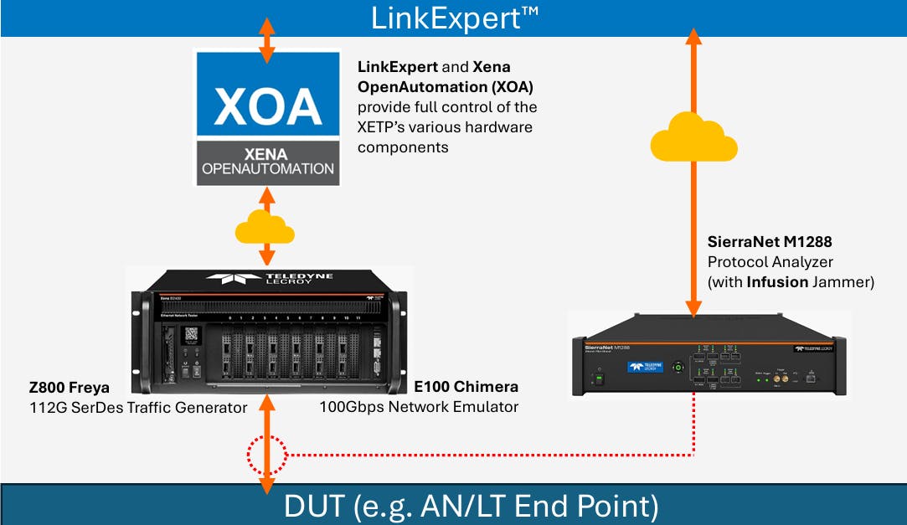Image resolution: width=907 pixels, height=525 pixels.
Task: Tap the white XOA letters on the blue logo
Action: [267, 106]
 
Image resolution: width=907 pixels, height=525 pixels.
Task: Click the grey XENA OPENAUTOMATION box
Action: [267, 162]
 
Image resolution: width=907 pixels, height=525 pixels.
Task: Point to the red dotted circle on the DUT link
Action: [267, 456]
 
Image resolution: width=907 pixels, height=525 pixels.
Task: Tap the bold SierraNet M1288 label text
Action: [769, 243]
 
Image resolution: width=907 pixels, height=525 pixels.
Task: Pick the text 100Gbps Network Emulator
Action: [418, 408]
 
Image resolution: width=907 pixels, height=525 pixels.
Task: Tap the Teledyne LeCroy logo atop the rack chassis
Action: [266, 280]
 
